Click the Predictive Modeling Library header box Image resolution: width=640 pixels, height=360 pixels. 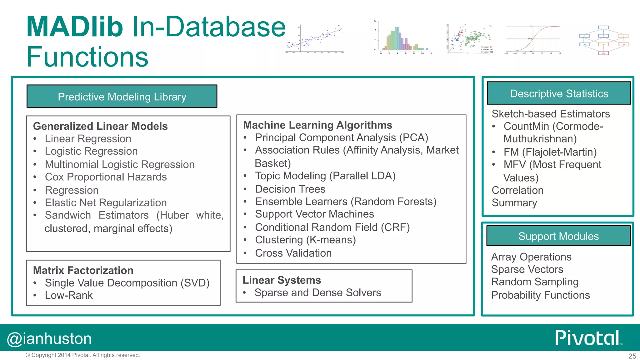[x=122, y=97]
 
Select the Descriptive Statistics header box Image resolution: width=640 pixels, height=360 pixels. [x=559, y=93]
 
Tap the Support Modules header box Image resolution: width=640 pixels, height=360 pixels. [x=558, y=236]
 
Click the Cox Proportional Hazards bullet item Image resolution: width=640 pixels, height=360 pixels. [x=106, y=177]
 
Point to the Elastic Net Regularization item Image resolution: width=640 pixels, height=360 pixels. [x=106, y=202]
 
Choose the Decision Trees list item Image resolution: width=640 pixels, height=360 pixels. [x=290, y=189]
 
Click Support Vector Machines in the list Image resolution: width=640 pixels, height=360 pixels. [x=314, y=214]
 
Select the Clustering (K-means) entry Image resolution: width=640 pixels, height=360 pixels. [x=305, y=240]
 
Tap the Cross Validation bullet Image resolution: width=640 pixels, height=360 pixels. [x=293, y=253]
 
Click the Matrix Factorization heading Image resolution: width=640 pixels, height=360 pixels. [x=83, y=270]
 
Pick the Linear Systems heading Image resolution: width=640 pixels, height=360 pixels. [x=282, y=280]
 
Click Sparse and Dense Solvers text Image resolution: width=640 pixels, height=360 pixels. [x=317, y=292]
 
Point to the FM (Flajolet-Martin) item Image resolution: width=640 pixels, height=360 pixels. [x=550, y=152]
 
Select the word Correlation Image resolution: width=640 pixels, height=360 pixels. [x=517, y=190]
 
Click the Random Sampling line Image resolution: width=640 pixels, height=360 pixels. [x=535, y=282]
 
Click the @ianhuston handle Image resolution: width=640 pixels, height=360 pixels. [x=49, y=339]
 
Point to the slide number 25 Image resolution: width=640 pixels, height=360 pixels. [x=632, y=356]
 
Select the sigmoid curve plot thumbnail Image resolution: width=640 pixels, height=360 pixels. [x=533, y=39]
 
